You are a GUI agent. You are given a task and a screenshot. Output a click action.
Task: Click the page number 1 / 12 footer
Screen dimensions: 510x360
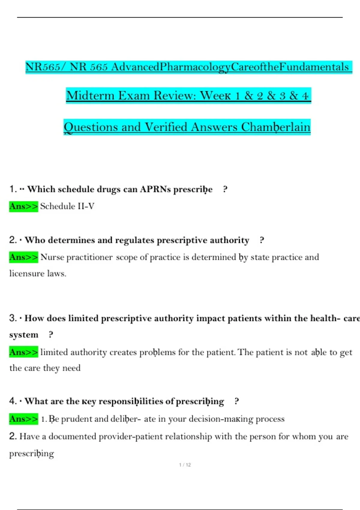click(x=185, y=465)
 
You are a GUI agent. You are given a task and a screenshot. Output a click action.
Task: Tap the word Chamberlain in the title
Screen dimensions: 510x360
click(x=276, y=127)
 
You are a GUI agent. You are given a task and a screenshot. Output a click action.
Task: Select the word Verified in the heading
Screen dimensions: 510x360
click(x=166, y=127)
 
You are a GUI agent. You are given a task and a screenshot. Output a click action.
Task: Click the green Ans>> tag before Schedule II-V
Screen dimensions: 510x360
click(x=24, y=206)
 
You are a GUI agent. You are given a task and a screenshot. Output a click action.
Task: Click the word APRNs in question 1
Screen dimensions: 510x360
click(x=155, y=189)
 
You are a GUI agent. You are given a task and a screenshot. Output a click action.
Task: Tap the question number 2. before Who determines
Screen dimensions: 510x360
click(x=13, y=240)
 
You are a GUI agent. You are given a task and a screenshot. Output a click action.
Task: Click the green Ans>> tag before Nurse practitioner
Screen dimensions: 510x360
click(x=24, y=257)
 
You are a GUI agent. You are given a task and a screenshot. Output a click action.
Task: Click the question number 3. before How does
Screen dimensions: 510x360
click(x=13, y=318)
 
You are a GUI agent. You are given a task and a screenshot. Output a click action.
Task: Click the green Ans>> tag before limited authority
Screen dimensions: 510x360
click(x=24, y=352)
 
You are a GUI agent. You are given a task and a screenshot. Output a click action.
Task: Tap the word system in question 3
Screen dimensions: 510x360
click(x=24, y=335)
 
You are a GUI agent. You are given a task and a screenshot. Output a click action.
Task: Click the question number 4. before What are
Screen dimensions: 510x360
click(x=13, y=401)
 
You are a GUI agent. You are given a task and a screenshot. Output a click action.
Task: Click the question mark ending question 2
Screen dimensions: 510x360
click(x=262, y=240)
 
